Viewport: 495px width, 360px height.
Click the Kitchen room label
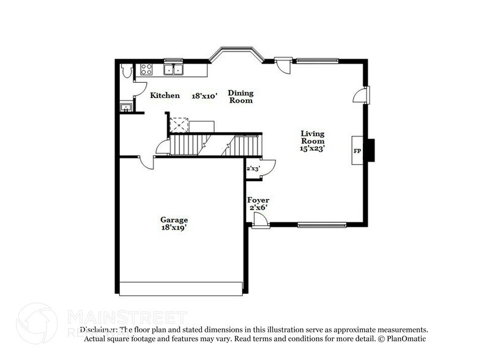coord(165,96)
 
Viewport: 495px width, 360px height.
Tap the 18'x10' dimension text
coord(205,96)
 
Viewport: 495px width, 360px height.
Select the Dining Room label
coord(240,97)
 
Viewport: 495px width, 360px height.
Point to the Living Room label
coord(312,137)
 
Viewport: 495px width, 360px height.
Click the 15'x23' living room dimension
coord(312,148)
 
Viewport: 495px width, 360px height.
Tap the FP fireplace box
coord(357,151)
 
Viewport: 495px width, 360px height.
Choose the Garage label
coord(174,220)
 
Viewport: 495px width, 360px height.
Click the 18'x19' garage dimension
coord(174,228)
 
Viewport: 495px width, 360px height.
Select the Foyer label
coord(258,200)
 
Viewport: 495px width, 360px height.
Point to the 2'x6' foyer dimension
coord(258,209)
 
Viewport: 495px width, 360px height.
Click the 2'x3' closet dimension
coord(253,168)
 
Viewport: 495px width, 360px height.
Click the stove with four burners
coord(147,69)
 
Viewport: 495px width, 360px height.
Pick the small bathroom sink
coord(126,108)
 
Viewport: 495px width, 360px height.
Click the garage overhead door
coord(181,288)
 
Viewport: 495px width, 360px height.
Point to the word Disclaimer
coord(99,329)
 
